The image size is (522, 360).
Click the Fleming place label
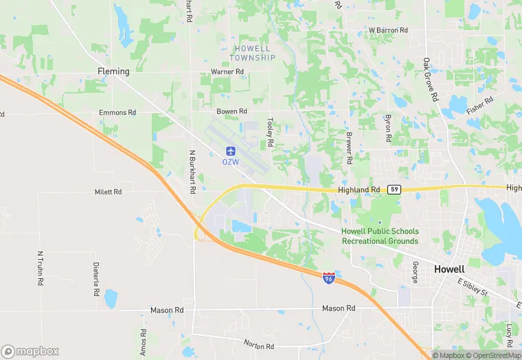tap(113, 71)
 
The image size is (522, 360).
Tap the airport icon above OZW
tap(231, 150)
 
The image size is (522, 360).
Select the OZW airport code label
tap(230, 162)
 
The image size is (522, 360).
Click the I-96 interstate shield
tap(330, 278)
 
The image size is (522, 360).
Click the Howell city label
tap(450, 269)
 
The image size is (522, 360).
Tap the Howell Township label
tap(254, 53)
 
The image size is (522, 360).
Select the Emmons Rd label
tap(117, 112)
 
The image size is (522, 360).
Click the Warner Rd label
tap(227, 71)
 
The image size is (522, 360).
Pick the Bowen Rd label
tap(231, 111)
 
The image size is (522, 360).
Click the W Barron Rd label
tap(388, 30)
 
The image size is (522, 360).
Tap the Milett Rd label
tap(108, 192)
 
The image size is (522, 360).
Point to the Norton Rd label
tap(259, 344)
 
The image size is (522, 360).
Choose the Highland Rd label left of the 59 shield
tap(359, 190)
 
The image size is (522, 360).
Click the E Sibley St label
tap(472, 287)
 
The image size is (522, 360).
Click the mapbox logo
tap(30, 350)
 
